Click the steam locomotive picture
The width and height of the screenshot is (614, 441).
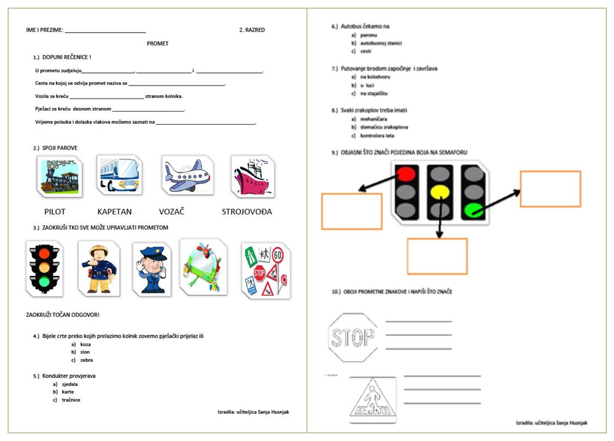coord(60,177)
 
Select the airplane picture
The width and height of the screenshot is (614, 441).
coord(187,175)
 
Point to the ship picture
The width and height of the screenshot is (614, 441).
coord(253,176)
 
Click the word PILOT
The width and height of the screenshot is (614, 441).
coord(55,212)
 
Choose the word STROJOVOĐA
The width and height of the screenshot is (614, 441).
coord(247,212)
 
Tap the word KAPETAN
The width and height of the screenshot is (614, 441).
coord(114,212)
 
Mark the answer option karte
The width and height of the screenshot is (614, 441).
coord(68,391)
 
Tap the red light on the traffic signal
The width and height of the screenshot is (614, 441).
coord(406,174)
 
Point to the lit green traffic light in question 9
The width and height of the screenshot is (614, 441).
coord(473,210)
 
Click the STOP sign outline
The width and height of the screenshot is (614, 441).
coord(352,338)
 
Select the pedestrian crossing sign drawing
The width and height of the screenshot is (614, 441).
coord(373,400)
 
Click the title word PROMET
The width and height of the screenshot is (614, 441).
coord(158,44)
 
